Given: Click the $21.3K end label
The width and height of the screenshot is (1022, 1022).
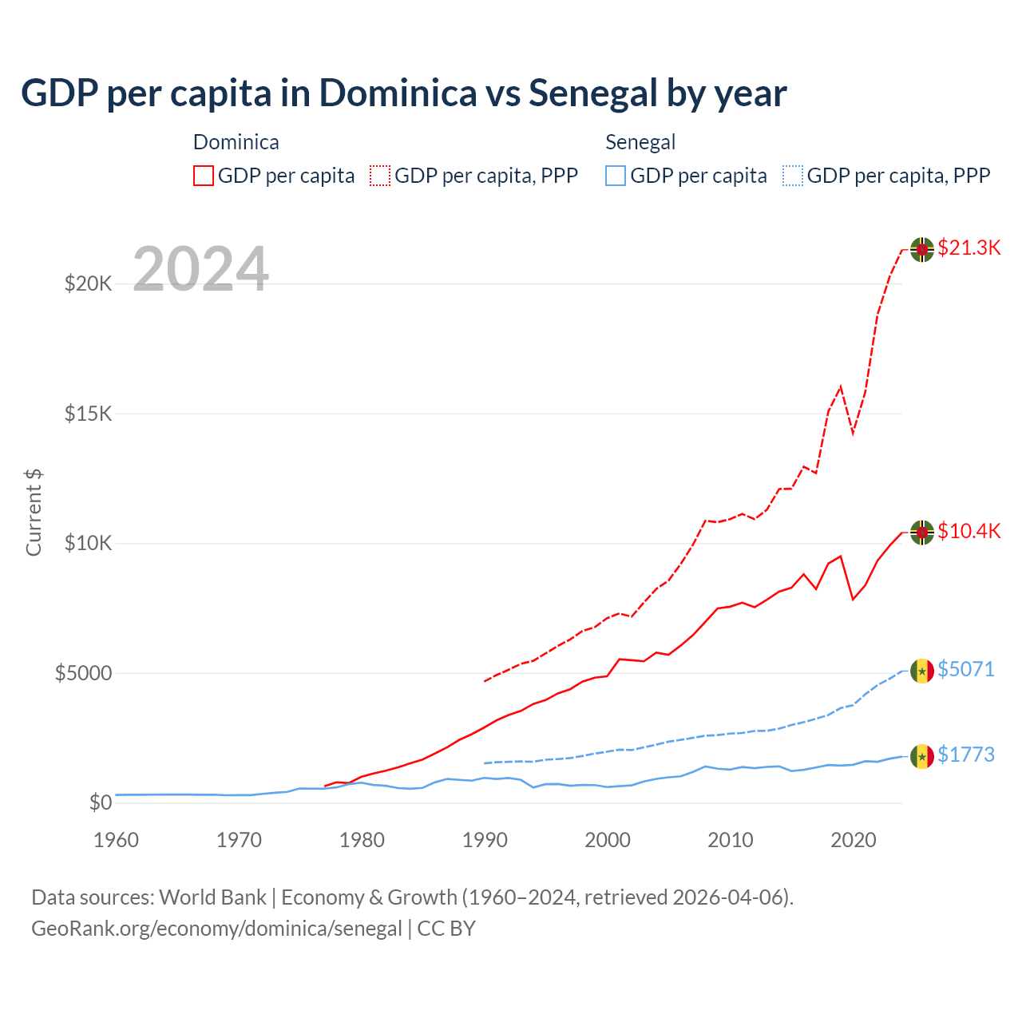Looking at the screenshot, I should [x=969, y=248].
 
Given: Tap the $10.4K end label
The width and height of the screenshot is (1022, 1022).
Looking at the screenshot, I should [x=969, y=531].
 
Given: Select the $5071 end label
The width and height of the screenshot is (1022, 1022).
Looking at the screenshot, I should [x=965, y=669].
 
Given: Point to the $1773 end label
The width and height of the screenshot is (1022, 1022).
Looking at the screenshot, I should [x=965, y=755].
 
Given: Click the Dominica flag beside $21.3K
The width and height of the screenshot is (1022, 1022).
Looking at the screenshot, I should [x=922, y=249].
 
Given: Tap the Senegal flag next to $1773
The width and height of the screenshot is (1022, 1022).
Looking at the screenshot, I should [x=922, y=756].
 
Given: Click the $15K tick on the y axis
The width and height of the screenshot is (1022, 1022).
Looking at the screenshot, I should [x=89, y=414].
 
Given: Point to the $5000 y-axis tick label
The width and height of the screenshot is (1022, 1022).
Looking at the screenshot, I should [x=83, y=673].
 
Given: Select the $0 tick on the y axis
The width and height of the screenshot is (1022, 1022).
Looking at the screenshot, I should [x=100, y=802].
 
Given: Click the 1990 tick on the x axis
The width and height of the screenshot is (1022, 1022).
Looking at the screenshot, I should [x=485, y=840].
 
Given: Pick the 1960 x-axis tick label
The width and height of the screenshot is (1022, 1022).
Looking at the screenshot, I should [x=117, y=840].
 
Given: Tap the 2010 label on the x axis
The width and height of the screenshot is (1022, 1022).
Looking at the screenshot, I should [x=731, y=840].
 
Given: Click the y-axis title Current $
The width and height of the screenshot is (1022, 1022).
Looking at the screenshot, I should [x=34, y=512].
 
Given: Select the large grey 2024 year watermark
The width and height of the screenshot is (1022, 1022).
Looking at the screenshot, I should [x=200, y=269].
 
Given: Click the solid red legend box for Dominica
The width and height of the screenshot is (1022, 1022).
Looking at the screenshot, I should [x=204, y=176].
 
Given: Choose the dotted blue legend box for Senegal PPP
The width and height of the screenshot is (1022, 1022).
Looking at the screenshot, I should [x=793, y=176].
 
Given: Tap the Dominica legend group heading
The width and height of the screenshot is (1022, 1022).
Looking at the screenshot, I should [x=236, y=142].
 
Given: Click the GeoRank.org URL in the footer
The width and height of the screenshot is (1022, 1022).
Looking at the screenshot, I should [x=216, y=929].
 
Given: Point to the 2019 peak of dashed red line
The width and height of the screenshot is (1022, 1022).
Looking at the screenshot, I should [x=840, y=387].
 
